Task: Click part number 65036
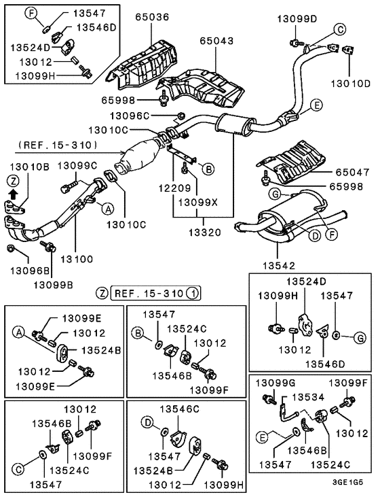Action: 152,17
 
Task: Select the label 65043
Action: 216,41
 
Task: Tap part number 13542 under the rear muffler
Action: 279,266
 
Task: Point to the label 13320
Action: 205,233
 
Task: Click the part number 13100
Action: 77,259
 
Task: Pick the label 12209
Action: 175,188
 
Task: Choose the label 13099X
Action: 197,202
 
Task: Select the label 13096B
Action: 30,271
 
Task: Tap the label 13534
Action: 308,397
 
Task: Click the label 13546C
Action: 179,409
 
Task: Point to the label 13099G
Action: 275,383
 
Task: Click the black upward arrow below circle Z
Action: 13,193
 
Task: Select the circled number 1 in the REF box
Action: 193,293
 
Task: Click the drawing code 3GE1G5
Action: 347,482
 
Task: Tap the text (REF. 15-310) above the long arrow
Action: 58,145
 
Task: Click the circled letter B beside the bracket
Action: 208,169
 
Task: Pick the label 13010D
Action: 351,84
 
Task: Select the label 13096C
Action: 130,116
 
